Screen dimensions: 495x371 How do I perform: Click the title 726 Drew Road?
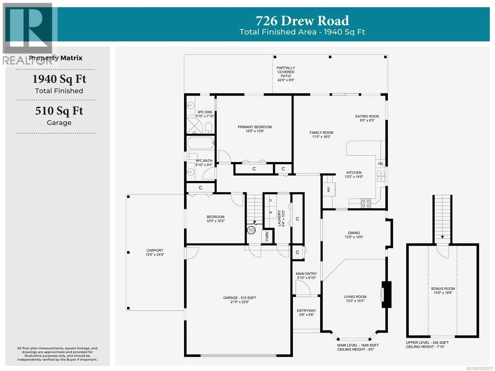point(302,21)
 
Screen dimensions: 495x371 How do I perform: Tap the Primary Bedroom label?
point(255,127)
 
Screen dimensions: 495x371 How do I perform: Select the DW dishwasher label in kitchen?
point(380,163)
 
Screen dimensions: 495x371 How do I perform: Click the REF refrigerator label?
point(328,189)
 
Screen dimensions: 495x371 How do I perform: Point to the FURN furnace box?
point(267,236)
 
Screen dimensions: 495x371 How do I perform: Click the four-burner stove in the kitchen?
point(366,203)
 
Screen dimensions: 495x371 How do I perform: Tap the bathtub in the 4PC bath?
point(200,143)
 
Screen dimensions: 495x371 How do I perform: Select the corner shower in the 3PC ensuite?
point(195,126)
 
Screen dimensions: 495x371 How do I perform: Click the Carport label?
point(155,250)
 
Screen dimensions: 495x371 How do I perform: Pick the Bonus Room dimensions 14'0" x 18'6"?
point(443,293)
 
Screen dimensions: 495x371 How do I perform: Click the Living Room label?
point(355,297)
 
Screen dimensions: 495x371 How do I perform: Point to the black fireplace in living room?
point(386,294)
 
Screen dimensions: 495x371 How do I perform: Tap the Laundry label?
point(279,218)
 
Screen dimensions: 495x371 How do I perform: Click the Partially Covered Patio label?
point(286,72)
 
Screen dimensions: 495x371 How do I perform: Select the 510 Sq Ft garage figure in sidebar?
point(59,111)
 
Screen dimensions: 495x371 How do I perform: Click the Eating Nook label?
point(367,116)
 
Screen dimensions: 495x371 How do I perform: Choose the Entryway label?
point(307,311)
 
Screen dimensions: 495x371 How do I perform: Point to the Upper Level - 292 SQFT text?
point(427,343)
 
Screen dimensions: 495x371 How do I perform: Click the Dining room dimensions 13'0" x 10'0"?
point(354,237)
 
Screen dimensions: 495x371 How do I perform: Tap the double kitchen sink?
point(381,176)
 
